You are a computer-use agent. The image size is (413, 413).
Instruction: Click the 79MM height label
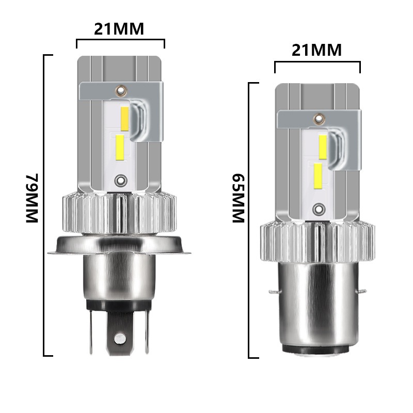[32, 198]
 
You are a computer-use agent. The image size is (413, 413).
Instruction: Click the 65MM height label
[239, 198]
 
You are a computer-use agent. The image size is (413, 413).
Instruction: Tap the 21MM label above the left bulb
[119, 29]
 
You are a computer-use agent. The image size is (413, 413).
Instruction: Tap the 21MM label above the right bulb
[316, 50]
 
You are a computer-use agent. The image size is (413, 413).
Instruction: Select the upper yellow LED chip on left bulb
[124, 119]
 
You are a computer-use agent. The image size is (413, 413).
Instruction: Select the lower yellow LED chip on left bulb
[120, 147]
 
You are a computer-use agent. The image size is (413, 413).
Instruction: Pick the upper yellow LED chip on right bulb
[323, 147]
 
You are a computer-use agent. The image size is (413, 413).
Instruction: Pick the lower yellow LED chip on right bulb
[318, 176]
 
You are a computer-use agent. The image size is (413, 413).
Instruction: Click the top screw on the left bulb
[121, 91]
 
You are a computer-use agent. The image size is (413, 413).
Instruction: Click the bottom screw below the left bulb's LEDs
[121, 181]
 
